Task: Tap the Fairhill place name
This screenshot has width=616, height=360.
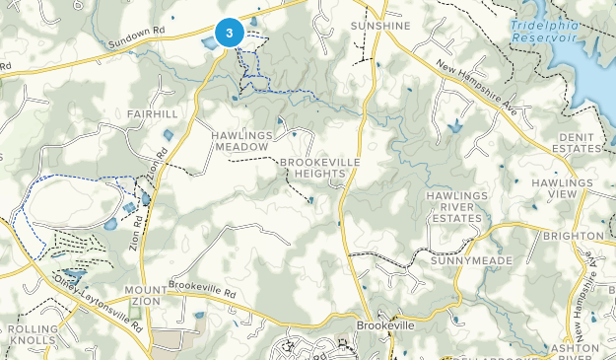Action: point(152,114)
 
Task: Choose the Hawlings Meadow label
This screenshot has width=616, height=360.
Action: point(240,139)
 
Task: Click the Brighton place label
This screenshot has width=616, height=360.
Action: point(573,236)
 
